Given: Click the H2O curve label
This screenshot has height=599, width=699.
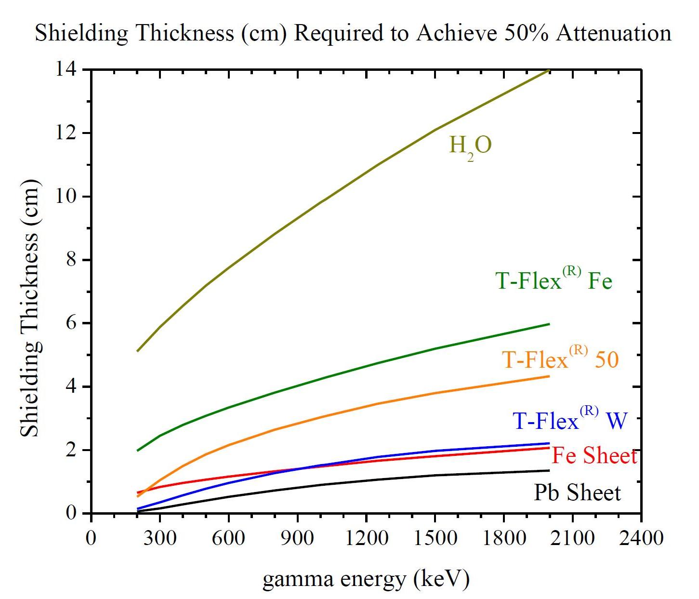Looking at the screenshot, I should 470,146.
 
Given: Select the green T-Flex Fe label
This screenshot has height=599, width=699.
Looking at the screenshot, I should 554,280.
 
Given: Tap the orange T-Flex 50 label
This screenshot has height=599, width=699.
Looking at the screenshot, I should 560,359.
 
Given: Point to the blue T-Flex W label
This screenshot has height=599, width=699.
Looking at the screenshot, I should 570,420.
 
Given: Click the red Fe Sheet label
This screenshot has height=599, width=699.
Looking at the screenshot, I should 594,456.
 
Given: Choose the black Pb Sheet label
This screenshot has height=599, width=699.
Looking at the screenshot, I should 577,493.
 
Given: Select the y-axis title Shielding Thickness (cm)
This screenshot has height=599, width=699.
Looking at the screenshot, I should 30,308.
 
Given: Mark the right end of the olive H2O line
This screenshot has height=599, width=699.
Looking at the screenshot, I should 549,70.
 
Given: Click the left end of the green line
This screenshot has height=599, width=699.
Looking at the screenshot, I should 137,451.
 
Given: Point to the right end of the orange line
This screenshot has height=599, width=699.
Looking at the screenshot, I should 549,376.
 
